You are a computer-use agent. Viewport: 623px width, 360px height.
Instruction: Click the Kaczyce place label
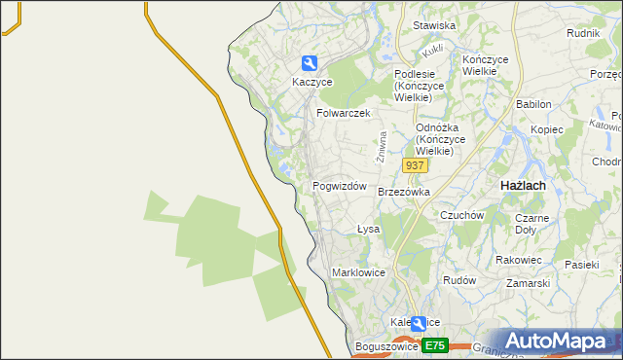311,83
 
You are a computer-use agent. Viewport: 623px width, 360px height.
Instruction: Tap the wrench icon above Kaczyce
310,63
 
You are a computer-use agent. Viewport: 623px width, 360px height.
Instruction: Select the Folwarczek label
344,113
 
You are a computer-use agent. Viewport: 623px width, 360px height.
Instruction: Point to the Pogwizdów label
339,186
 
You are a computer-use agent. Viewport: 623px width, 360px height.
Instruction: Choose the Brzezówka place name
403,193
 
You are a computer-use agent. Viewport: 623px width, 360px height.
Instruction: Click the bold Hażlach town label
522,185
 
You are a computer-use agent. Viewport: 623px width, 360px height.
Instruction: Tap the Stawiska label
434,26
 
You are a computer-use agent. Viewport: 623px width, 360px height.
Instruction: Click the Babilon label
533,104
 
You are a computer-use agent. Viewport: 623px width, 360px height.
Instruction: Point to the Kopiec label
547,129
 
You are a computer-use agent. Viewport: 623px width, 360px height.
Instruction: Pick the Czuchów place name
462,215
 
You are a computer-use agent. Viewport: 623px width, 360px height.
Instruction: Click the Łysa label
367,230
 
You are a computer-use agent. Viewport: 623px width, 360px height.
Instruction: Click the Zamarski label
528,283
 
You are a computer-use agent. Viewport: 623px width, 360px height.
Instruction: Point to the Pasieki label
581,265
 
